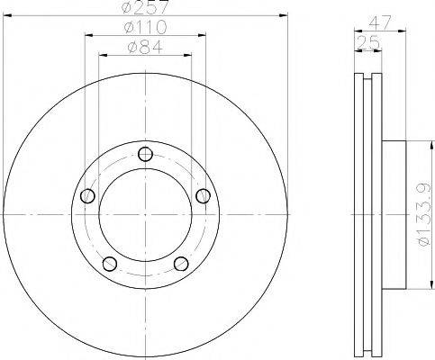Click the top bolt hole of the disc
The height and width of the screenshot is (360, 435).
pos(145,153)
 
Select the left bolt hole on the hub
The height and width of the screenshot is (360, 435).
pos(87,195)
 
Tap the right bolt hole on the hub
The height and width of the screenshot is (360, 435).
pos(203,195)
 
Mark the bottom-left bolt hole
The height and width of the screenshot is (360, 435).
pos(110,263)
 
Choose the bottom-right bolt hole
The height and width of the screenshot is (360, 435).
pos(181,263)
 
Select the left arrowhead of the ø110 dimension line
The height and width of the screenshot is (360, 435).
pos(87,35)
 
